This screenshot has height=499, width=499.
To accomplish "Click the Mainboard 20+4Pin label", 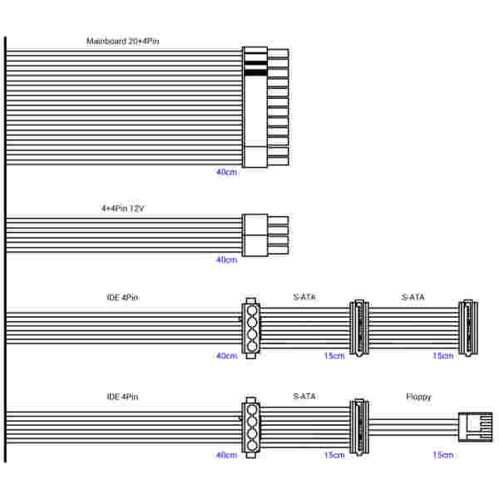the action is [123, 42].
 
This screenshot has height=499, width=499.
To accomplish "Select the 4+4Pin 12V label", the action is [123, 209].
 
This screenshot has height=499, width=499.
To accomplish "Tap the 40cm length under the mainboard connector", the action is [226, 172].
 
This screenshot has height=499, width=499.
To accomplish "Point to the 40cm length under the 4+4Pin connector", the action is [226, 259].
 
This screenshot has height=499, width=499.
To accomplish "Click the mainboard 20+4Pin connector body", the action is [265, 107].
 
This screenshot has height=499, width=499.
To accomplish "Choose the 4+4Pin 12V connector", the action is [265, 235].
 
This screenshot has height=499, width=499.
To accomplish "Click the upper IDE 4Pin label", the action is [122, 297].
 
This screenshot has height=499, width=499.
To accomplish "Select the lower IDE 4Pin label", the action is [122, 397].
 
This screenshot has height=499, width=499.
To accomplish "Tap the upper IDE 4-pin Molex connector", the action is [251, 329].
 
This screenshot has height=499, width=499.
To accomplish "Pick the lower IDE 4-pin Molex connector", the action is [251, 427].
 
